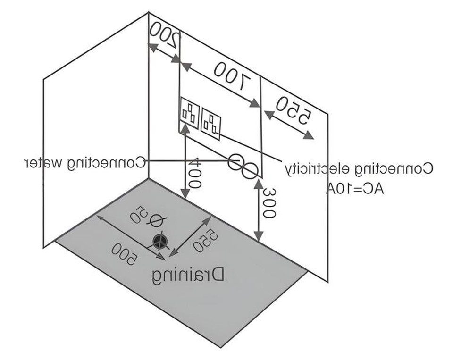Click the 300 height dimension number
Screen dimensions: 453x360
tap(269, 202)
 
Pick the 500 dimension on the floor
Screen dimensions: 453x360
tap(125, 254)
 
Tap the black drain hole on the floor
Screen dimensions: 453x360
tap(160, 241)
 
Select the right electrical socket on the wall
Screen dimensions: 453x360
tap(211, 124)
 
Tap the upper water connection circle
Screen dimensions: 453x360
tap(236, 162)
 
